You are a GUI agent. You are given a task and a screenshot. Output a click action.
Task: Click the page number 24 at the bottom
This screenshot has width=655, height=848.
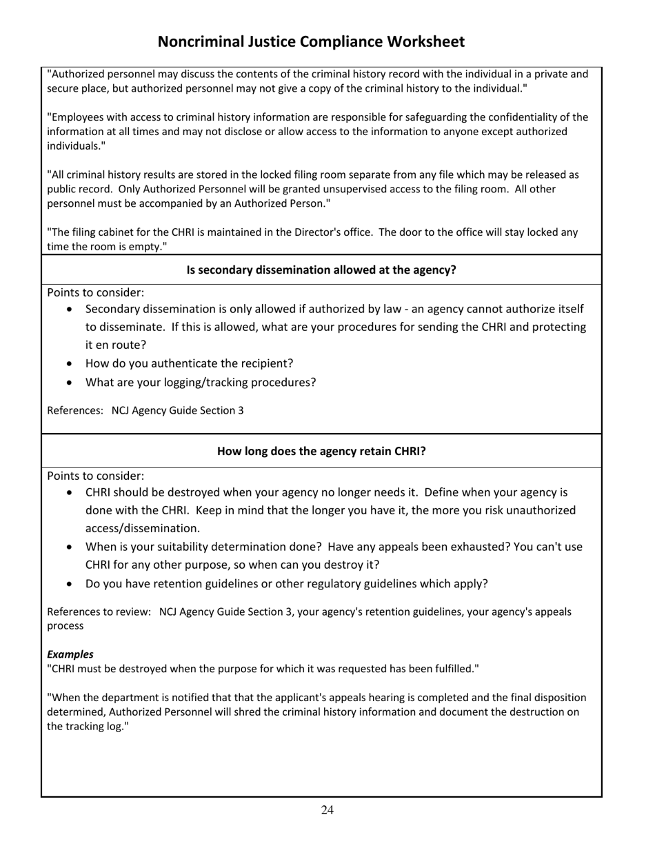click(327, 810)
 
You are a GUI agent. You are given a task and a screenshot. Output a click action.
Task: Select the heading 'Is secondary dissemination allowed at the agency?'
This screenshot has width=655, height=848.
click(321, 270)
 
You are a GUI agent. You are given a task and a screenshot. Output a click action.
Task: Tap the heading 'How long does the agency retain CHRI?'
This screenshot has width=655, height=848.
click(321, 452)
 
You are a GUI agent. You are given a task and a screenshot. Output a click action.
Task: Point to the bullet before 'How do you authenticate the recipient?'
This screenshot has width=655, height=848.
click(70, 364)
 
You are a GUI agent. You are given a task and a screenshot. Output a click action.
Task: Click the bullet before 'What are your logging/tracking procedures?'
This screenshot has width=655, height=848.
click(70, 383)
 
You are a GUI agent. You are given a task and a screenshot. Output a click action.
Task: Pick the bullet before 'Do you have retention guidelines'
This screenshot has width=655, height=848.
click(70, 584)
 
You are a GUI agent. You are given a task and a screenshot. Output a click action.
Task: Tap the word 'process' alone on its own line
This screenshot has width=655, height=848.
click(65, 626)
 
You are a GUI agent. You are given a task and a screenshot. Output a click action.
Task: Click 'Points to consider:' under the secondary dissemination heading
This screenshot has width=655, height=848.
click(95, 292)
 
